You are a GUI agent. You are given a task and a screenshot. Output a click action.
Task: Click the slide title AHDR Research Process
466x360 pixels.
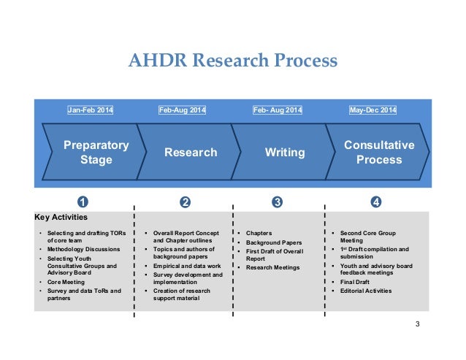(233, 60)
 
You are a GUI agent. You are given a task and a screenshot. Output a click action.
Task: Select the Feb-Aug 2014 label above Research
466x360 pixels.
(182, 111)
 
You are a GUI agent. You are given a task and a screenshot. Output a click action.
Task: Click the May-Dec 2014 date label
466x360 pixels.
(373, 111)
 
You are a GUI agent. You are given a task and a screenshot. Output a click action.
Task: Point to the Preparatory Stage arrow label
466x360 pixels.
(96, 152)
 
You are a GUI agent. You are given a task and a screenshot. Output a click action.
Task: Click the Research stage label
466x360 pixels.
(191, 153)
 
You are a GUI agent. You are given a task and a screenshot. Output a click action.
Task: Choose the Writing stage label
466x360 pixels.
(285, 153)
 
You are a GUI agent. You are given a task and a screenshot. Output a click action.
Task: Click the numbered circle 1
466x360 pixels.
(83, 202)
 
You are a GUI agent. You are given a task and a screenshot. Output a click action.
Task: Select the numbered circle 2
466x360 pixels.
(185, 202)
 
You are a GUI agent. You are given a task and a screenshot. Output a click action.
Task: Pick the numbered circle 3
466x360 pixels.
(277, 202)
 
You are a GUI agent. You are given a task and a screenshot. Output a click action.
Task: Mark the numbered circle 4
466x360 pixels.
(375, 202)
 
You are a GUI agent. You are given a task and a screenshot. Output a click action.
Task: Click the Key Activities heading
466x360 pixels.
(61, 217)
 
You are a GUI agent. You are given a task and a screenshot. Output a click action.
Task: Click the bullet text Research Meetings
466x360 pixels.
(273, 268)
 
